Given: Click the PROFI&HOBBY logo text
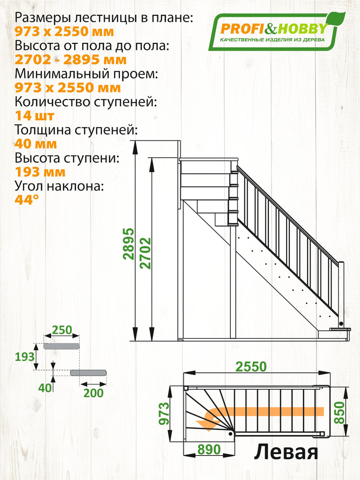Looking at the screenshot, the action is (x=273, y=29).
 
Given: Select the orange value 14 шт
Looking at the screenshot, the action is (x=35, y=116).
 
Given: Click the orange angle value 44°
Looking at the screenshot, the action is (x=27, y=199).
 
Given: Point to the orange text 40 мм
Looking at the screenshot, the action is (x=36, y=144).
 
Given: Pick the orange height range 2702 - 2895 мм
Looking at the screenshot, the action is (x=71, y=60).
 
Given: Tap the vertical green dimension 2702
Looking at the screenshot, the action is (x=146, y=253).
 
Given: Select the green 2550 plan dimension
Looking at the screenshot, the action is (x=251, y=367).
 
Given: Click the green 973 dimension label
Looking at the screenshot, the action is (x=164, y=413).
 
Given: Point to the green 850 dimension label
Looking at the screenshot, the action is (x=339, y=413).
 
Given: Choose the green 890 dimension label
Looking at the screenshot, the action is (x=209, y=449).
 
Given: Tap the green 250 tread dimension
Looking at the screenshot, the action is (x=62, y=330).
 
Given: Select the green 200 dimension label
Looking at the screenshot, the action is (x=93, y=393).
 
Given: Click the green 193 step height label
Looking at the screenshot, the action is (x=25, y=357).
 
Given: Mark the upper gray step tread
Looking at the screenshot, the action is (x=61, y=346).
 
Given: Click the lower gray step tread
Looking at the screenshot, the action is (x=88, y=373).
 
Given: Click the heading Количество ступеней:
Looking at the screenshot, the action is (x=86, y=102).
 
